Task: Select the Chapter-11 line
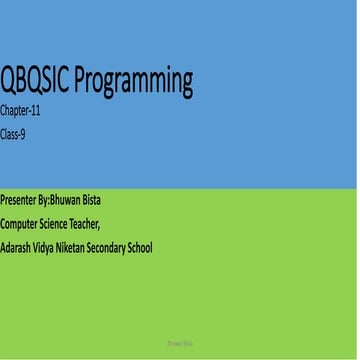(21, 112)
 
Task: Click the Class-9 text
(14, 132)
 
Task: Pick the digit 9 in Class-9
(24, 132)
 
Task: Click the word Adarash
(18, 247)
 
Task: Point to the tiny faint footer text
(179, 341)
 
